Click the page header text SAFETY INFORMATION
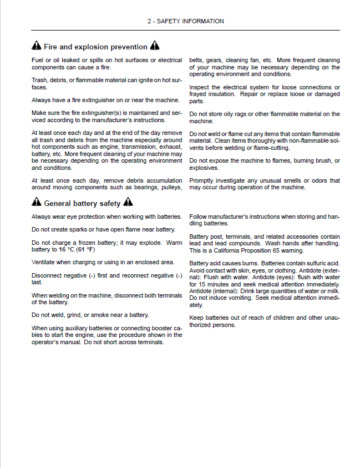[185, 21]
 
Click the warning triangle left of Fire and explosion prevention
[36, 47]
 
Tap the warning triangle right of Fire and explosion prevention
[155, 47]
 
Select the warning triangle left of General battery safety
[36, 203]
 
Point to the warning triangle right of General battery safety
[129, 203]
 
